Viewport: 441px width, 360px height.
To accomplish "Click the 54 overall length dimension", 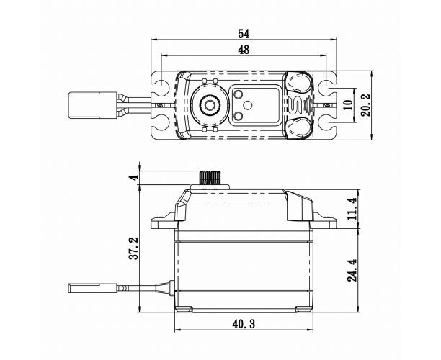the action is (x=244, y=34).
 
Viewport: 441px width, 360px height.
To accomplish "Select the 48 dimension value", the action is (x=244, y=50).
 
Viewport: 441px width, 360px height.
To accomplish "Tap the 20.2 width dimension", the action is (x=365, y=105).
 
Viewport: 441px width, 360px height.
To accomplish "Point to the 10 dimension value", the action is (x=348, y=105).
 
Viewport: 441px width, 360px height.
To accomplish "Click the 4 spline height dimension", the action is (x=135, y=178).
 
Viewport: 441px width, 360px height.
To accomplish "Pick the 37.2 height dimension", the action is (x=133, y=248).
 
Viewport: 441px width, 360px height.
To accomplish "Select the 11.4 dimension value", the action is (x=352, y=209).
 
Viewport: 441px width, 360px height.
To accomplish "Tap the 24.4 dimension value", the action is (x=352, y=270).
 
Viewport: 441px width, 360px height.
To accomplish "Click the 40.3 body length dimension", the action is (x=244, y=324).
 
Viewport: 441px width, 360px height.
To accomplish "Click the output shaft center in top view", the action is (x=209, y=105).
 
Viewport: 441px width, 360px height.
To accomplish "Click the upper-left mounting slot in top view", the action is (x=160, y=84).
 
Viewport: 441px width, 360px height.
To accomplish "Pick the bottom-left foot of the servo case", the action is (x=184, y=309).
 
